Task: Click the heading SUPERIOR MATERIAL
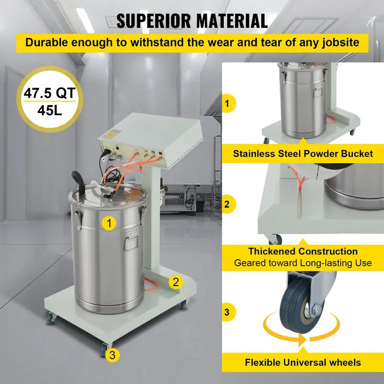pyautogui.click(x=192, y=21)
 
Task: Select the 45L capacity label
pyautogui.click(x=50, y=110)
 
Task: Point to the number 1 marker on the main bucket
pyautogui.click(x=110, y=223)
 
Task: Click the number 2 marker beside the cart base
pyautogui.click(x=176, y=282)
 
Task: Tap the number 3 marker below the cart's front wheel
pyautogui.click(x=112, y=355)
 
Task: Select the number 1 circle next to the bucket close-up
pyautogui.click(x=227, y=103)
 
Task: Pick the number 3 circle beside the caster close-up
pyautogui.click(x=227, y=312)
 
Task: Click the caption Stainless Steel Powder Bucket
pyautogui.click(x=302, y=154)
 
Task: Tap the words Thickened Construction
pyautogui.click(x=302, y=252)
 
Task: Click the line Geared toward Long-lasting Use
pyautogui.click(x=302, y=263)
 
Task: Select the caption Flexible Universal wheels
pyautogui.click(x=302, y=362)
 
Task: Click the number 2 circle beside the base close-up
pyautogui.click(x=227, y=204)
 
